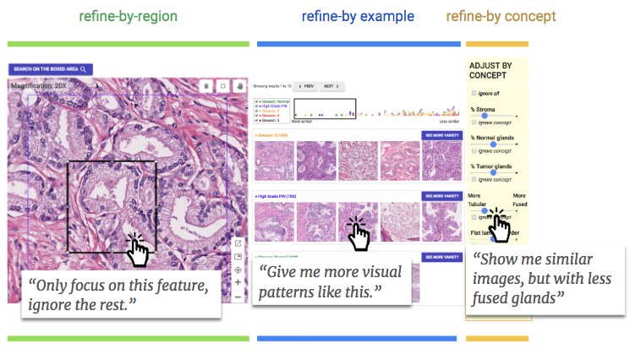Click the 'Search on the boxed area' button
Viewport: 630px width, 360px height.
51,69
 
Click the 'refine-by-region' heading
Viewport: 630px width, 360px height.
128,16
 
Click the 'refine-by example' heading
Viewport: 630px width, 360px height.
357,16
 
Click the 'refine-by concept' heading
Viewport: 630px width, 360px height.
500,16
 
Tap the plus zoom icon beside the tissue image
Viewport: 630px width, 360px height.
238,282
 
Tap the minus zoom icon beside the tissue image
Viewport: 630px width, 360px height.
238,296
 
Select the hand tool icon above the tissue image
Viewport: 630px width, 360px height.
239,85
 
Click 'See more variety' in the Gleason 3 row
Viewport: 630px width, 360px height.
441,135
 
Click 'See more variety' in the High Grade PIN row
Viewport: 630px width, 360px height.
441,196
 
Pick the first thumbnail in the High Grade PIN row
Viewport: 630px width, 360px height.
273,222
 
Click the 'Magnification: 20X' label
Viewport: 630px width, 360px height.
37,85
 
